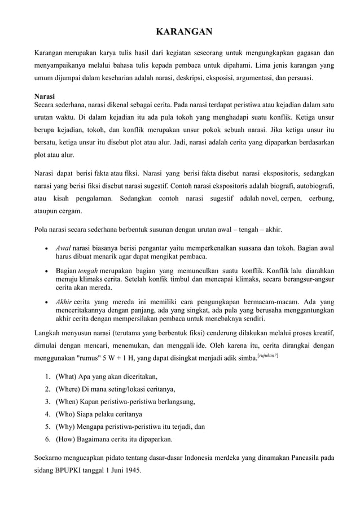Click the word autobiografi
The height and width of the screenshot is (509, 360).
click(312, 185)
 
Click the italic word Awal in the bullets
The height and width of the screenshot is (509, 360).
click(63, 248)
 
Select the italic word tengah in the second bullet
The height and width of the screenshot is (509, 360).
click(86, 273)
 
